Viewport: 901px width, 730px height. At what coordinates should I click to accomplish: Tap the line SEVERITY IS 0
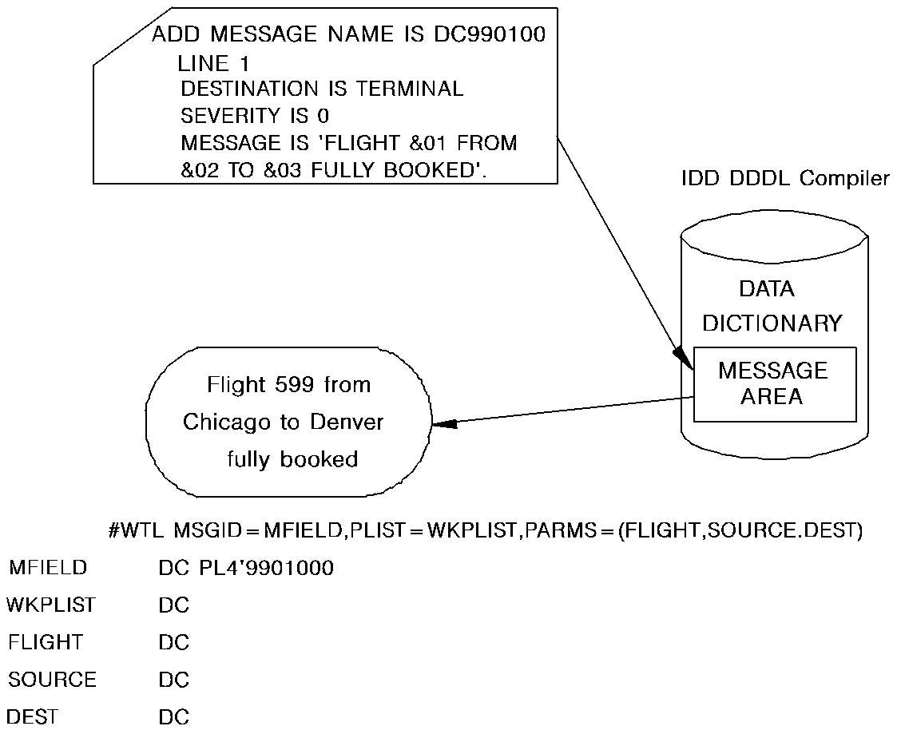255,116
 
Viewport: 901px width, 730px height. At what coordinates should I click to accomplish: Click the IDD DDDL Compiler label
784,178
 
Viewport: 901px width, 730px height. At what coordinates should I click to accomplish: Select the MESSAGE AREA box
774,384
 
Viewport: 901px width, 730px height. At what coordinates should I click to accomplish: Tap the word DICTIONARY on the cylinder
772,323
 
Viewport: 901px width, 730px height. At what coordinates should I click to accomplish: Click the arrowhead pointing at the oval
445,424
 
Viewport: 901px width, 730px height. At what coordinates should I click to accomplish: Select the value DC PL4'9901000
246,569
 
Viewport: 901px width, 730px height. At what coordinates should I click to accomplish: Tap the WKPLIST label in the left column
51,605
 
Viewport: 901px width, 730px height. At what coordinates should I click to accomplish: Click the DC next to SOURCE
173,680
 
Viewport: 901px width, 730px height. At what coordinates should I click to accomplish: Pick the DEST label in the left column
33,716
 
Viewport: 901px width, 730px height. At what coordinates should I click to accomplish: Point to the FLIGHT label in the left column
45,642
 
